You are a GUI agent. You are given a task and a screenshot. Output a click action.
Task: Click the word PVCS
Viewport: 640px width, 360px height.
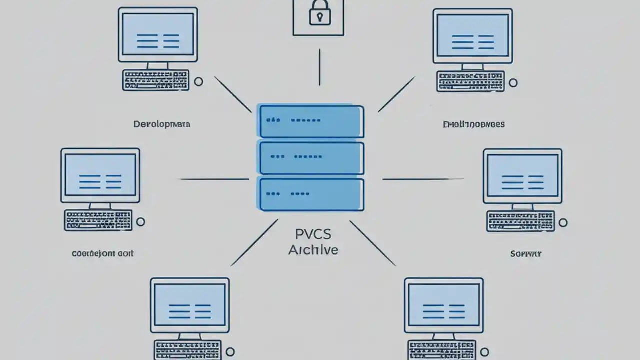[313, 234]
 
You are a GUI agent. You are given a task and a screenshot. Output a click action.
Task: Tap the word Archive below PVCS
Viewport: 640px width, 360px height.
[313, 249]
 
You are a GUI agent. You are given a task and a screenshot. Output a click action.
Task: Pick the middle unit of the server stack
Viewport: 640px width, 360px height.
[311, 157]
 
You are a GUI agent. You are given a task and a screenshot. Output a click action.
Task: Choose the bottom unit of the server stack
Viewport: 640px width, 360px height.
[311, 193]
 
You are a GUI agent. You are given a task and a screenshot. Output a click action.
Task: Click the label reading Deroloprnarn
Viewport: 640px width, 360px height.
[161, 124]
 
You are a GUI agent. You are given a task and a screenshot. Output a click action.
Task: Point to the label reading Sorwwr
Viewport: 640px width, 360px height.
[526, 254]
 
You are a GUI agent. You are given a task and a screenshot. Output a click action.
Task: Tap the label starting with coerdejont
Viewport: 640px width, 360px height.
[103, 253]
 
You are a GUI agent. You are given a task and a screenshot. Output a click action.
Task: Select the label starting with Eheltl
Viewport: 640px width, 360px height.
[474, 124]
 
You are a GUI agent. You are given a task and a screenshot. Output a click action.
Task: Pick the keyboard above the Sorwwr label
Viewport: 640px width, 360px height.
[521, 221]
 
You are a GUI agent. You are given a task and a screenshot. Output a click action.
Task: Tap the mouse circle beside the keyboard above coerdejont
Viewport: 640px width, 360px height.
[141, 221]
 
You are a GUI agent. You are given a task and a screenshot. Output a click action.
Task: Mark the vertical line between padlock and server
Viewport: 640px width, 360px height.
[319, 67]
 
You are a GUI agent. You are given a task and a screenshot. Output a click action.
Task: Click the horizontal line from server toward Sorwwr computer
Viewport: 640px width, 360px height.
[423, 179]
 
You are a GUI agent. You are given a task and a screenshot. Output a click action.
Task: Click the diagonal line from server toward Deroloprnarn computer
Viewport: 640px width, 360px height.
[233, 94]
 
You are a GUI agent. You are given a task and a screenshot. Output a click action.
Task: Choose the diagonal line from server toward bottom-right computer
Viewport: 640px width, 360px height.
[372, 243]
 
